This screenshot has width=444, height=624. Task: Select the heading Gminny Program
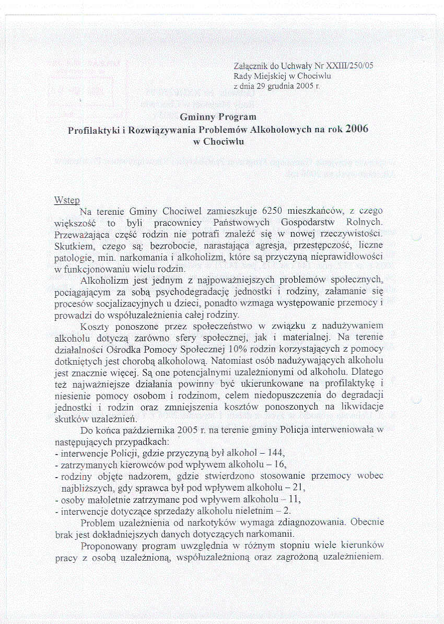pyautogui.click(x=218, y=117)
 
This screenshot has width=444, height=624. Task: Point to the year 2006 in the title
pyautogui.click(x=356, y=129)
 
